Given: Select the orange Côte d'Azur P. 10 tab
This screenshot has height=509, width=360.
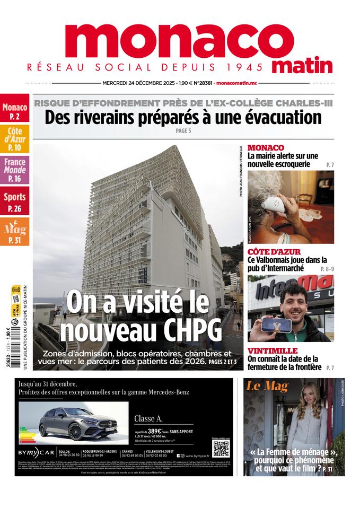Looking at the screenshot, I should tap(14, 139).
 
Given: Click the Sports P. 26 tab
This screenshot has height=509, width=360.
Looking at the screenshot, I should tap(14, 201).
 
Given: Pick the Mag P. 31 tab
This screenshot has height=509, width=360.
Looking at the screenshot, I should tap(14, 232).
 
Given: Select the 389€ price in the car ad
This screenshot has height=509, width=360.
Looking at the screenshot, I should tap(158, 432).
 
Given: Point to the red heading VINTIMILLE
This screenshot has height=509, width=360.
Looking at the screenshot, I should tap(272, 350).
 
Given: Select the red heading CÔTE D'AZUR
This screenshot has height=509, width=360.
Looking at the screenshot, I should tap(274, 251).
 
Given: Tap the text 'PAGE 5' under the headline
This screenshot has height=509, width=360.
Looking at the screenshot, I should tap(183, 130).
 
